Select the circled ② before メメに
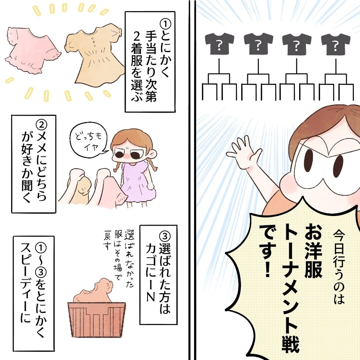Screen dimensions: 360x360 [41, 124]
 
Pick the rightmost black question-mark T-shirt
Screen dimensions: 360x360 [335, 44]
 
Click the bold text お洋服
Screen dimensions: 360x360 [312, 252]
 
